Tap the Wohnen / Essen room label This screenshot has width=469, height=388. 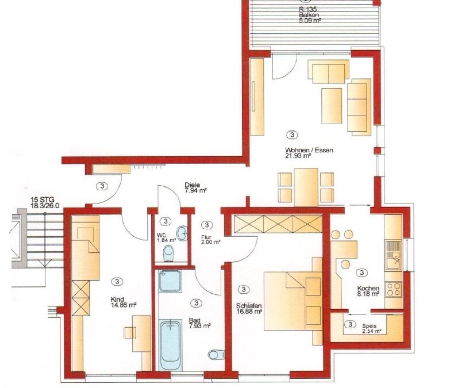pyautogui.click(x=309, y=152)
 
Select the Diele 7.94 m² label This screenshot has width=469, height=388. pyautogui.click(x=196, y=187)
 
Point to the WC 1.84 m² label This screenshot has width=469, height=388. pyautogui.click(x=166, y=237)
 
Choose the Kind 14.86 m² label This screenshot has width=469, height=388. pyautogui.click(x=124, y=302)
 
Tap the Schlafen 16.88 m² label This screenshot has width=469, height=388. pyautogui.click(x=249, y=309)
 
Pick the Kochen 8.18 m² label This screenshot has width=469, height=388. pyautogui.click(x=368, y=291)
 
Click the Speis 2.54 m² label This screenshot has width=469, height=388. pyautogui.click(x=371, y=328)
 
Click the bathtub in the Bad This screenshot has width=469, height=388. pyautogui.click(x=170, y=345)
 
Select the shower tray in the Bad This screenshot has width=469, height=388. pyautogui.click(x=170, y=281)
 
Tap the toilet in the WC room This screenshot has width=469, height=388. pyautogui.click(x=168, y=253)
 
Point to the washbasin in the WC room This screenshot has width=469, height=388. pyautogui.click(x=182, y=233)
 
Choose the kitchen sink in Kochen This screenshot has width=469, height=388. pyautogui.click(x=394, y=260)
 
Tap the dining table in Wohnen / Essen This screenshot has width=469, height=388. pyautogui.click(x=306, y=187)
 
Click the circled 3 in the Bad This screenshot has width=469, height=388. pyautogui.click(x=196, y=303)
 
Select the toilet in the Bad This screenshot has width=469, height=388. pyautogui.click(x=217, y=355)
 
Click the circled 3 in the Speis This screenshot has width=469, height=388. pyautogui.click(x=350, y=324)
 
